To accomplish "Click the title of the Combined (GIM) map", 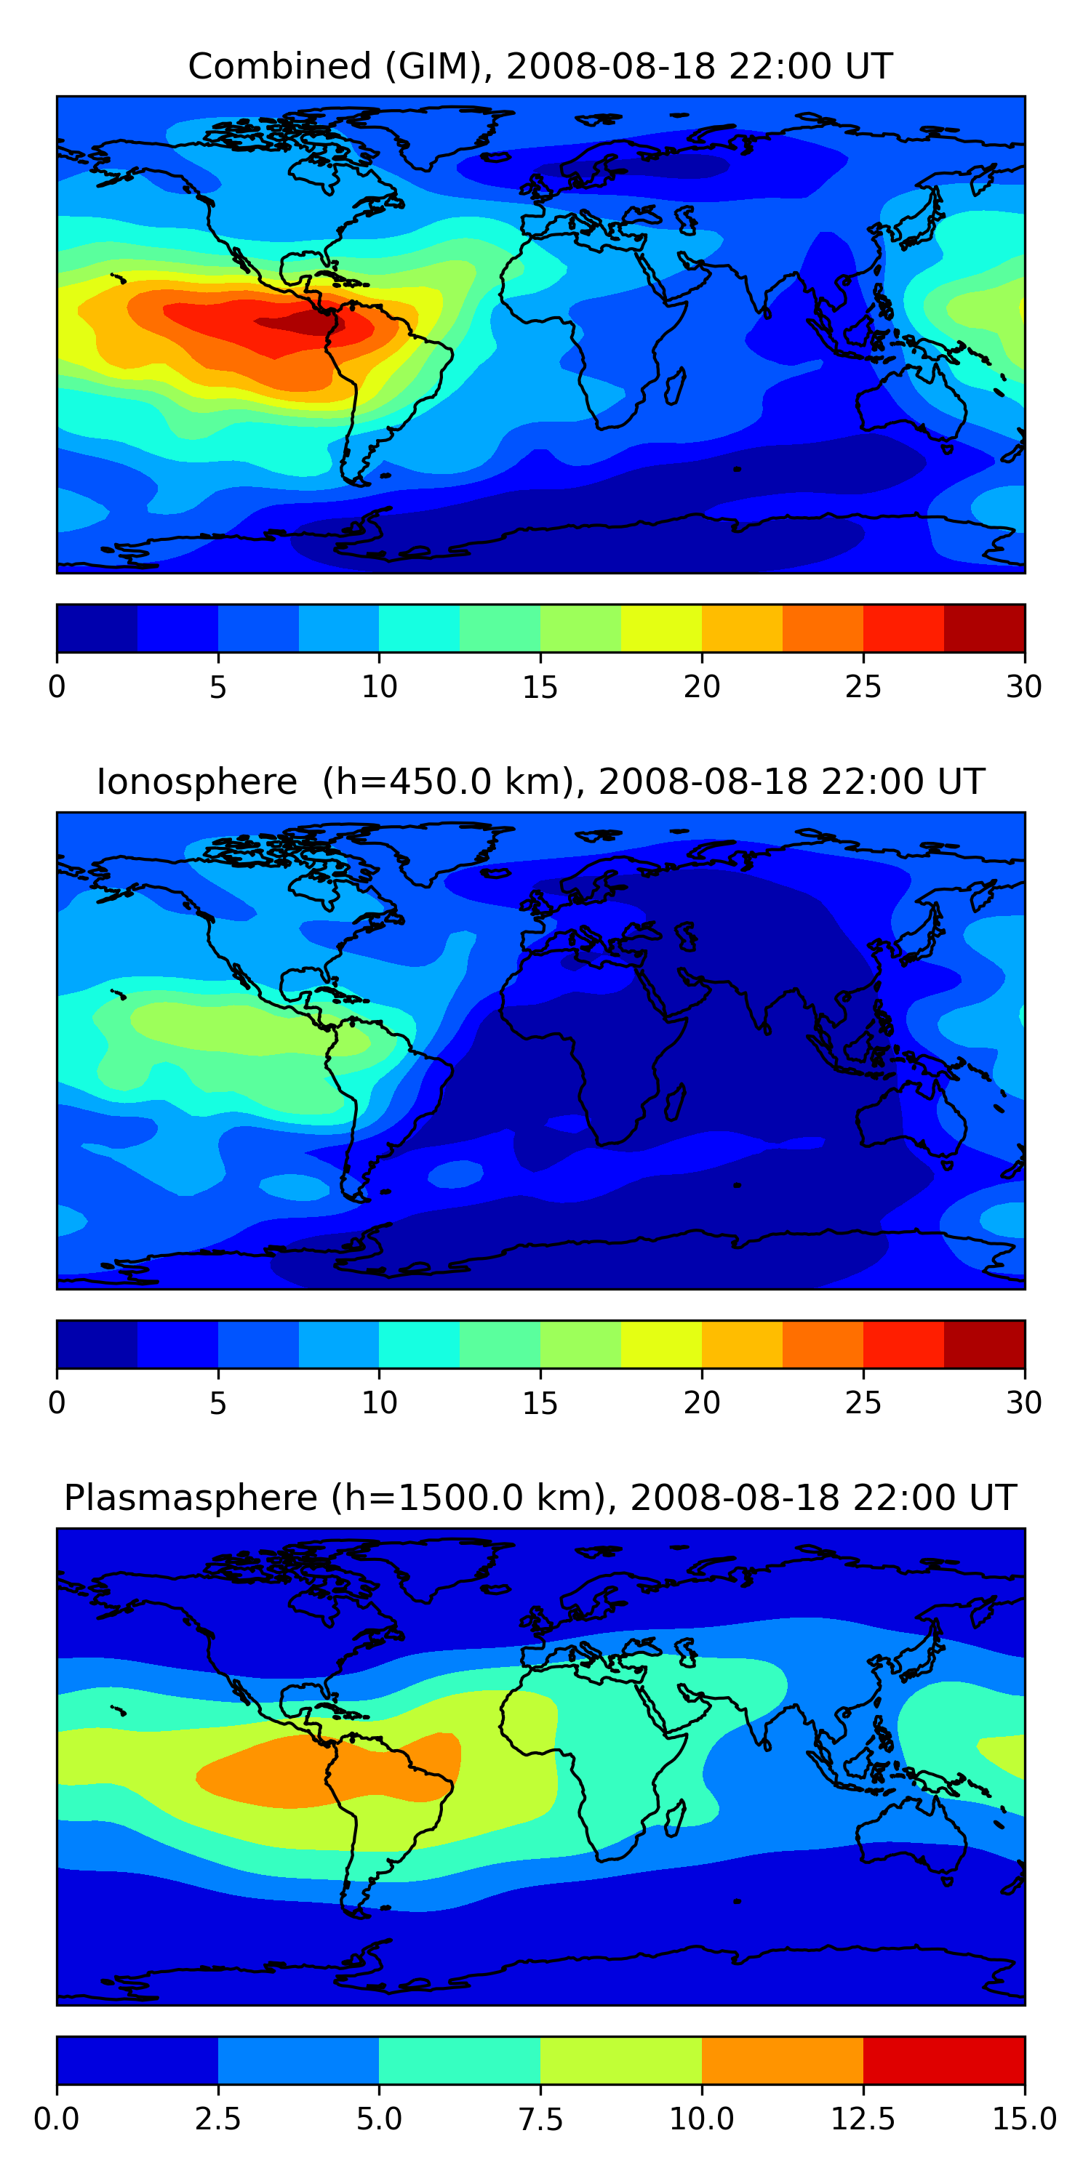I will point(540,66).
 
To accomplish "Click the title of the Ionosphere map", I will point(540,782).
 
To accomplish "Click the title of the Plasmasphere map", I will point(540,1498).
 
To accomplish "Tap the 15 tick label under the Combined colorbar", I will point(540,686).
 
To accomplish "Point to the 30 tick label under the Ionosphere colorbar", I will point(1024,1403).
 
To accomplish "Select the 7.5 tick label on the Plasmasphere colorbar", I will point(540,2119).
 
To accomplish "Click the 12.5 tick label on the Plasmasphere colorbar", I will point(863,2119).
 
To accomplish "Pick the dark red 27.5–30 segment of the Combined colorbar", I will point(984,628).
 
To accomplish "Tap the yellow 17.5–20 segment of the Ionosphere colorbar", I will point(662,1343).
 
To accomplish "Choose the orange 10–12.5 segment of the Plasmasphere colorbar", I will point(783,2060).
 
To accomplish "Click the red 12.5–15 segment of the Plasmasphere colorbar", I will point(943,2060).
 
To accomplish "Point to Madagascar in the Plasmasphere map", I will point(675,1819).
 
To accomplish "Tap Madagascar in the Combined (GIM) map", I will point(675,386).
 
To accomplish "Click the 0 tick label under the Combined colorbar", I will point(57,686).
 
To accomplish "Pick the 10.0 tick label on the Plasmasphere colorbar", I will point(701,2119).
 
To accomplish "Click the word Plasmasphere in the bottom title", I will point(191,1498).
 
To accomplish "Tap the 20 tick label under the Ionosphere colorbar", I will point(701,1403).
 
